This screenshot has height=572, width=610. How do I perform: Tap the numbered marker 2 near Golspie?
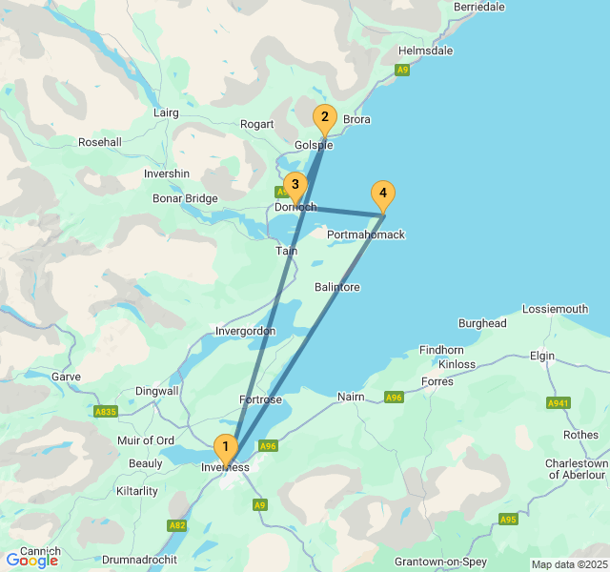coord(324,118)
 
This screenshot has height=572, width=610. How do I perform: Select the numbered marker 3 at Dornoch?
coord(295,185)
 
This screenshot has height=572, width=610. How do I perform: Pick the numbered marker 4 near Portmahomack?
coord(382,194)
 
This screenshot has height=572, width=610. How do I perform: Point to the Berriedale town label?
coord(479,7)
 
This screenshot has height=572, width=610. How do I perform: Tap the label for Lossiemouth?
coord(556,309)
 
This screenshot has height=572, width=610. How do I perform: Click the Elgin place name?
coord(542,356)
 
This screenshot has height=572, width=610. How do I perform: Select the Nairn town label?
coord(351,396)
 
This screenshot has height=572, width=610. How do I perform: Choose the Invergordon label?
coord(245,331)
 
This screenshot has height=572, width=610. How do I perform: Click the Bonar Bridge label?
coord(185,198)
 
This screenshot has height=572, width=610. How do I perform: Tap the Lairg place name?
coord(166,112)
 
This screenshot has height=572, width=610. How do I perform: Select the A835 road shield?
coord(107,412)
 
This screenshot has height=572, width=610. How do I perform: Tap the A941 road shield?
coord(559,403)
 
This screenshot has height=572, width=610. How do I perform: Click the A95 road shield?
coord(508,519)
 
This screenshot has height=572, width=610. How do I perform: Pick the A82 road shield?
coord(177,525)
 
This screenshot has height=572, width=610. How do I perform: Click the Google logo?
coord(31,561)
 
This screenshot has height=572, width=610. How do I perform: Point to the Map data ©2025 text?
coord(568,564)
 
